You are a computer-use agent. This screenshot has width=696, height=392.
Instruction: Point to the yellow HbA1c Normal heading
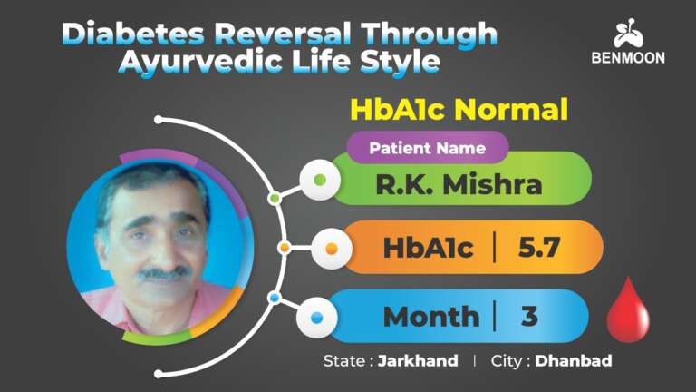coord(459,111)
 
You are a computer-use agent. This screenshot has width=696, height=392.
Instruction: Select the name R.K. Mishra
coord(459,184)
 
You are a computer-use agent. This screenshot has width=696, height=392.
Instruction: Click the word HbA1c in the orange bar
coord(428,247)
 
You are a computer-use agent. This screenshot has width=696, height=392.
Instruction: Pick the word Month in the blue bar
coord(430,317)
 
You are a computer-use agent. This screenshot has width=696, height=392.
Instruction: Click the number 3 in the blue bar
coord(529,317)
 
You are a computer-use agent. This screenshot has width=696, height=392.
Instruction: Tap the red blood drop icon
coord(627,310)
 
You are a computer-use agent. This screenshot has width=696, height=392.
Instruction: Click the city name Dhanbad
coord(573,361)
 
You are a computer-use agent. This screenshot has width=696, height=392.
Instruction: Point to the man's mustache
coord(164,271)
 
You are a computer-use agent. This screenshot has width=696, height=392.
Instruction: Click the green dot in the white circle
coord(319,180)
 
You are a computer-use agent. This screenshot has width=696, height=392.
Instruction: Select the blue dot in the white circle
coord(317,318)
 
